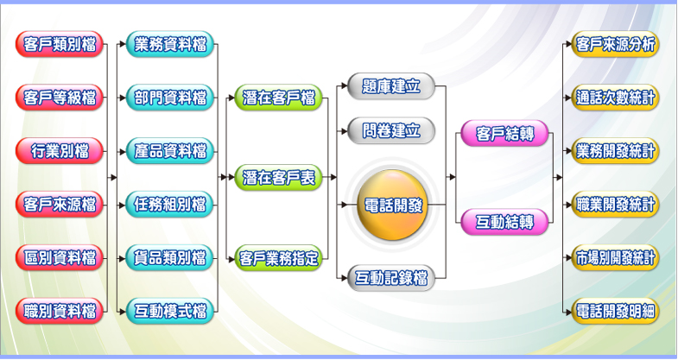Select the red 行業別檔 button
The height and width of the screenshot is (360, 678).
[x=60, y=151]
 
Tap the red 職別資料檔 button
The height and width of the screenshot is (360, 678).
[x=60, y=311]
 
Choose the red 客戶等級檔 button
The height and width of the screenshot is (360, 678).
[x=60, y=98]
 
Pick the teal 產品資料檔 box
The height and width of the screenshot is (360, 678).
[x=171, y=151]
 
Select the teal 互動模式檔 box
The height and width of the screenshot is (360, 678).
[x=171, y=311]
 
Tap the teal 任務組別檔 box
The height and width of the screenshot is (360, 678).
[x=171, y=205]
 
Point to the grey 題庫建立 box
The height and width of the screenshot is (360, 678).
[x=391, y=86]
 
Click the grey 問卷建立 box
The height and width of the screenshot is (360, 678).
[x=391, y=130]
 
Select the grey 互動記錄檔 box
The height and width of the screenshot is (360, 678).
[x=391, y=278]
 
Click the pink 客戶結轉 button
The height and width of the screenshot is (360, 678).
[x=504, y=134]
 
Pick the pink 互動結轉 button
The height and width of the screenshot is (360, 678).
[x=504, y=222]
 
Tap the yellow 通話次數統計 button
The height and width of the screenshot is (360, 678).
[x=616, y=98]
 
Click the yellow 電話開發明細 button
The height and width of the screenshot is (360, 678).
[x=616, y=311]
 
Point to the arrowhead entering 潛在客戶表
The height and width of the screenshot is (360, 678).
[x=231, y=178]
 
